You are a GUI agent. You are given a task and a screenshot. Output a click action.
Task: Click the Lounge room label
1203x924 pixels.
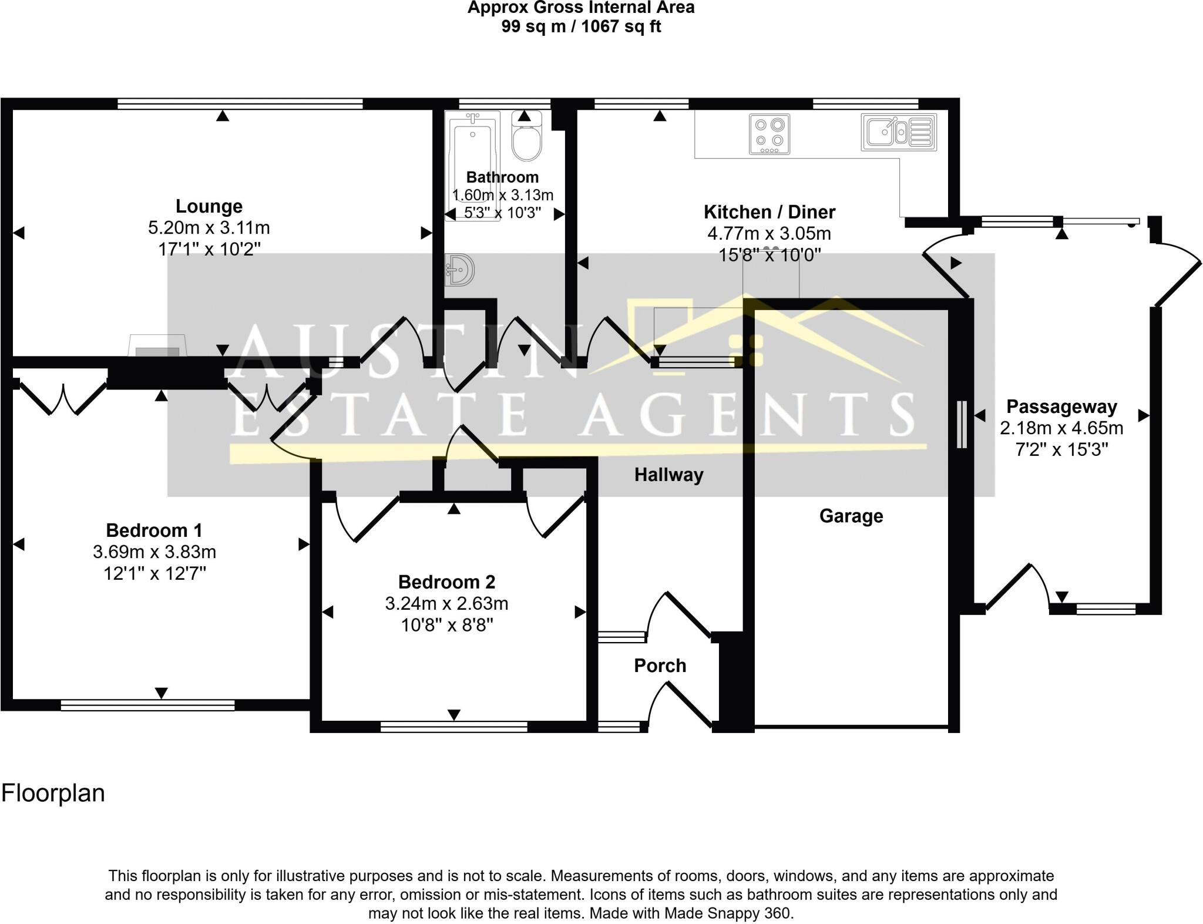[x=209, y=206]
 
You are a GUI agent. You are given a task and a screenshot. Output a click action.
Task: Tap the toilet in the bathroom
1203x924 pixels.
[x=526, y=139]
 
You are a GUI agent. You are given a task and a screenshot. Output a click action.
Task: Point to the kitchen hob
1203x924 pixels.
[x=769, y=135]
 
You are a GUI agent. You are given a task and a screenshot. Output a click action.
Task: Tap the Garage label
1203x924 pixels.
[x=851, y=516]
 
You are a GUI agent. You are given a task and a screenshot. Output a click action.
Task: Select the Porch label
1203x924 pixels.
[x=660, y=666]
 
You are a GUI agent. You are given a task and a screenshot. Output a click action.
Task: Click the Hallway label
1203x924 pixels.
[x=668, y=475]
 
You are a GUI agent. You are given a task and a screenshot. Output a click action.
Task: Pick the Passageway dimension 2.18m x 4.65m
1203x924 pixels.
[x=1061, y=428]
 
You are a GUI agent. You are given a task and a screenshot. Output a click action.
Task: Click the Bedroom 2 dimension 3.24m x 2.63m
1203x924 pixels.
[x=447, y=604]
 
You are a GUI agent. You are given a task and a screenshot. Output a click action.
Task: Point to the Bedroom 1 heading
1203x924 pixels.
[x=154, y=530]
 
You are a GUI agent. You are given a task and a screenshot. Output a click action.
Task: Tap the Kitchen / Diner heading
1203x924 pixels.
[x=769, y=211]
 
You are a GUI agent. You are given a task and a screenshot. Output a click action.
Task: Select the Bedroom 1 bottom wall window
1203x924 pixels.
[x=148, y=705]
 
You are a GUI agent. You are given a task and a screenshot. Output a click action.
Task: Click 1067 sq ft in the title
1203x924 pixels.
[x=621, y=26]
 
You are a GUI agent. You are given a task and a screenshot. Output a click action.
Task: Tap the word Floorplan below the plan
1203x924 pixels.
[x=53, y=793]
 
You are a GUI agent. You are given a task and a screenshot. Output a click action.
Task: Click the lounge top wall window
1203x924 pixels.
[x=240, y=104]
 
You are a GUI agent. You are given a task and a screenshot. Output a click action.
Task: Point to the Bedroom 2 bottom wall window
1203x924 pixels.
[x=453, y=727]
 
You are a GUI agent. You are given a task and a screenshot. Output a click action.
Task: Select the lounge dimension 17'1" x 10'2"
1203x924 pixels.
[x=209, y=249]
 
